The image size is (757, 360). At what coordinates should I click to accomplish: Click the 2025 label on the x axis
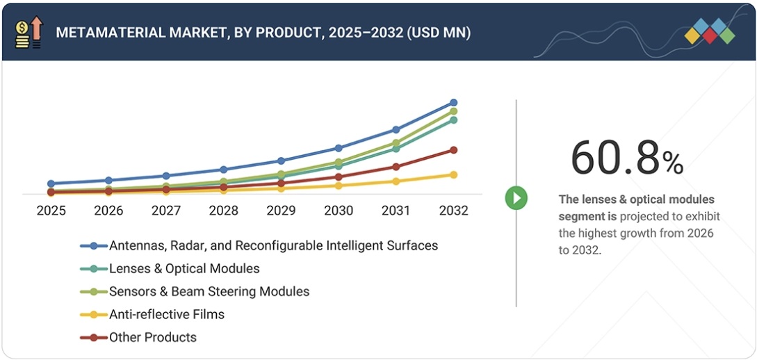[x=51, y=211]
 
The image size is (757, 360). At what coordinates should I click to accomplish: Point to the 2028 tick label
[x=224, y=211]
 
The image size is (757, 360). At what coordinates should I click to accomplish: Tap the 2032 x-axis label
[x=453, y=211]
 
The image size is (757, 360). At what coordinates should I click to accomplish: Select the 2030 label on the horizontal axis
[x=339, y=211]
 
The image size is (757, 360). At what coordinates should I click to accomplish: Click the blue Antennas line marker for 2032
[x=453, y=103]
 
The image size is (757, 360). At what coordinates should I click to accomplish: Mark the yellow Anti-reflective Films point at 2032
[x=453, y=175]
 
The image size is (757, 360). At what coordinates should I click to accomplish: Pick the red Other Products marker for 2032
[x=453, y=150]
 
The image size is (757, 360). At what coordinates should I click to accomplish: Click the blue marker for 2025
[x=51, y=183]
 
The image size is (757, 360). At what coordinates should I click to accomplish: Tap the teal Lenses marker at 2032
[x=453, y=120]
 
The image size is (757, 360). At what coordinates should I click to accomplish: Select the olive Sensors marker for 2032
[x=453, y=111]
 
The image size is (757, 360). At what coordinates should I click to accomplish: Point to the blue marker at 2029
[x=281, y=161]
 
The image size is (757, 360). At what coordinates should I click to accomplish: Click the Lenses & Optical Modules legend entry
[x=184, y=268]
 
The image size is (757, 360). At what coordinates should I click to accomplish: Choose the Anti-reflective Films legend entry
[x=166, y=314]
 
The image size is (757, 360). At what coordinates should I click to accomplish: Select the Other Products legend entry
[x=152, y=337]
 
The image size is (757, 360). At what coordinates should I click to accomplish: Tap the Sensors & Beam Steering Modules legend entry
[x=209, y=291]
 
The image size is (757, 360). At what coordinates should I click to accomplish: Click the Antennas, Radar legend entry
[x=272, y=245]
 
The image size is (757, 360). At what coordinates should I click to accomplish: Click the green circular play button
[x=516, y=198]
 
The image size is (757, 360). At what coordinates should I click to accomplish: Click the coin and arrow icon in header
[x=28, y=32]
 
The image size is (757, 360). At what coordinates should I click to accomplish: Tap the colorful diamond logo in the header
[x=709, y=31]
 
